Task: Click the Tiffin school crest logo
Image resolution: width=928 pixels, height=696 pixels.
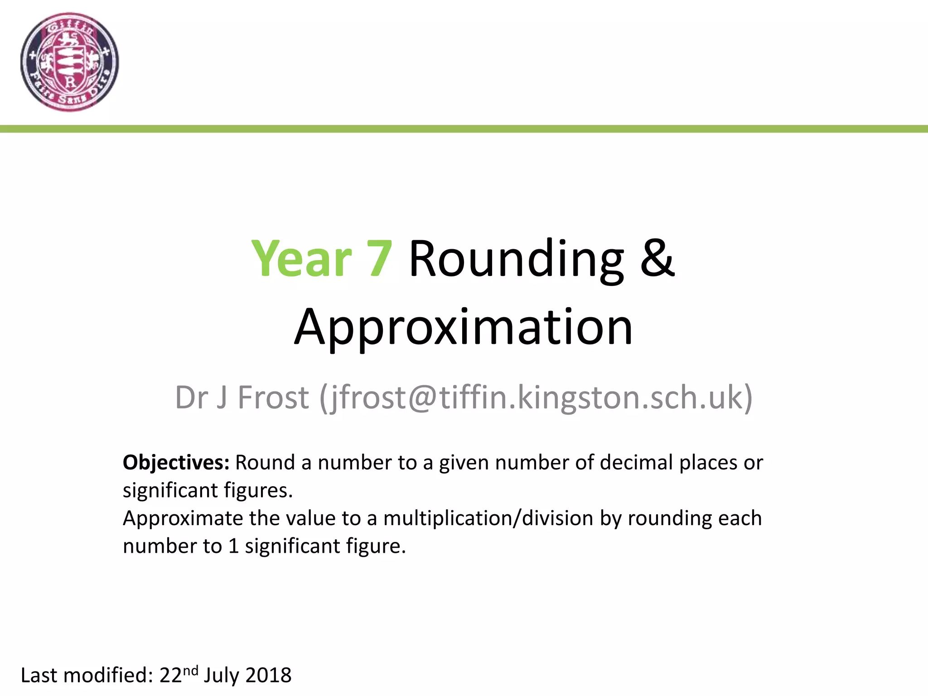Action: click(69, 62)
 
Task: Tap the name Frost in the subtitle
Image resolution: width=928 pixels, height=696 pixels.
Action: click(273, 397)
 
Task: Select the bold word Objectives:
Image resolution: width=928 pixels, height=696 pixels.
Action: click(176, 463)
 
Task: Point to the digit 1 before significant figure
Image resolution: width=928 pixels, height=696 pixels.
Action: click(233, 546)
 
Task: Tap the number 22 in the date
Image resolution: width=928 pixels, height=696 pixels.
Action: click(171, 676)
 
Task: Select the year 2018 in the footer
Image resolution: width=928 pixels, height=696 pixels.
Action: click(269, 676)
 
